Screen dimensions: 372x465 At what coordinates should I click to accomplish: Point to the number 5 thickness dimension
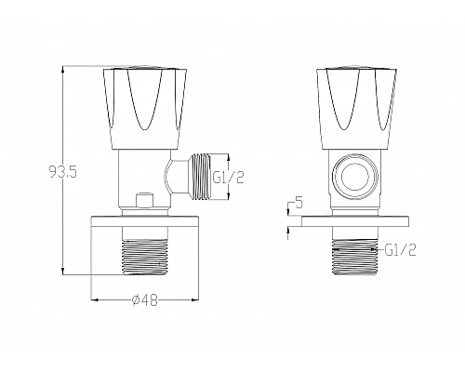tap(298, 202)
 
